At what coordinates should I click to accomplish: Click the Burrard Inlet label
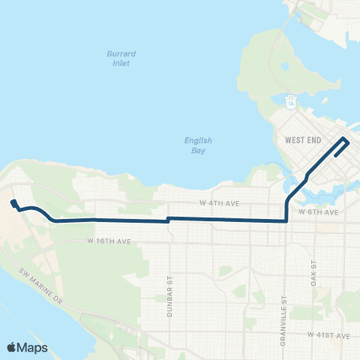pyautogui.click(x=116, y=58)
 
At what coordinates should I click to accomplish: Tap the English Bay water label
pyautogui.click(x=199, y=145)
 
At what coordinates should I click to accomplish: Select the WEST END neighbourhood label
pyautogui.click(x=304, y=140)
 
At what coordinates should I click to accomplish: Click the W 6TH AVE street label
pyautogui.click(x=319, y=213)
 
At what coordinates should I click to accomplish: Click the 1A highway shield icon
pyautogui.click(x=291, y=102)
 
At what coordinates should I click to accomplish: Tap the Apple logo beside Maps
pyautogui.click(x=12, y=347)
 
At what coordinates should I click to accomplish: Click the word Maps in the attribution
pyautogui.click(x=34, y=347)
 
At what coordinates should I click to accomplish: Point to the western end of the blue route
pyautogui.click(x=12, y=202)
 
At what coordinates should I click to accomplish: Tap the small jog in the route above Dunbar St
pyautogui.click(x=168, y=220)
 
